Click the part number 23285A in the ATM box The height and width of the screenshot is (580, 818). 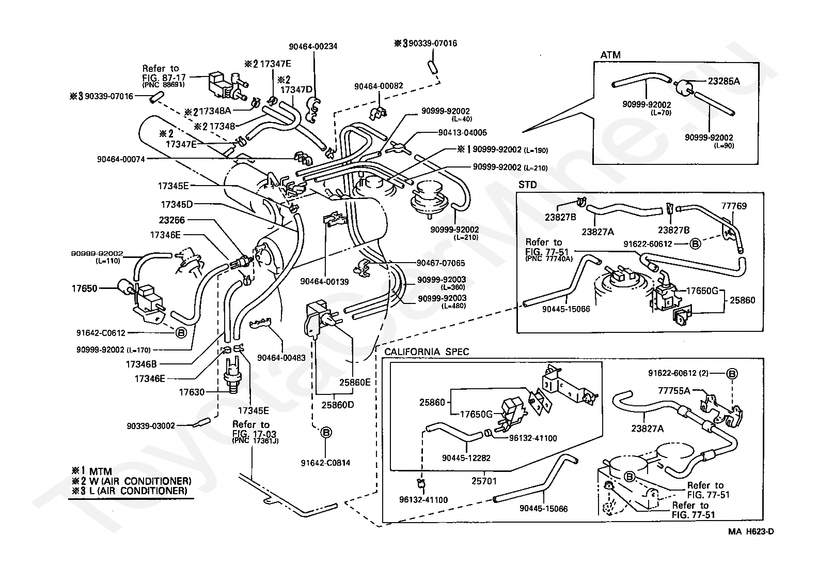[x=723, y=81]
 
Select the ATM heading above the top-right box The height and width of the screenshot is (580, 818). [x=610, y=55]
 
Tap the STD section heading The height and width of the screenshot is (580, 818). [x=528, y=185]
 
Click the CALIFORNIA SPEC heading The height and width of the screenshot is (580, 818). [x=427, y=352]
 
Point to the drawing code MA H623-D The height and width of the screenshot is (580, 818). [x=751, y=532]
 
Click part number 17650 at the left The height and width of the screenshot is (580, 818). [x=84, y=289]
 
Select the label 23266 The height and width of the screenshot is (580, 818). [x=171, y=220]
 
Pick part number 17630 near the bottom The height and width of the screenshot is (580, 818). [x=192, y=392]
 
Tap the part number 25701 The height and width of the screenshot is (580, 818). [x=484, y=481]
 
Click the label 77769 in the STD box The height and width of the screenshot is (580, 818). [x=734, y=206]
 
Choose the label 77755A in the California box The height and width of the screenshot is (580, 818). [x=674, y=391]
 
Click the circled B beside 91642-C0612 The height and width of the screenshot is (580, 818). [x=181, y=332]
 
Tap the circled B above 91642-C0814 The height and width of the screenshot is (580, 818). [x=326, y=433]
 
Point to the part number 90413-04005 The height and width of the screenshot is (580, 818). [x=462, y=133]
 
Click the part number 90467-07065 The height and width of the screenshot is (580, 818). [x=441, y=263]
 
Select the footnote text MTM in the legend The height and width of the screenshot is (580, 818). [x=100, y=471]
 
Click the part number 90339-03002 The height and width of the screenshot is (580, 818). [x=151, y=426]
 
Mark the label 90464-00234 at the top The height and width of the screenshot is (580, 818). [x=313, y=47]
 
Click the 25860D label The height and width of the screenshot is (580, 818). [x=337, y=405]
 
